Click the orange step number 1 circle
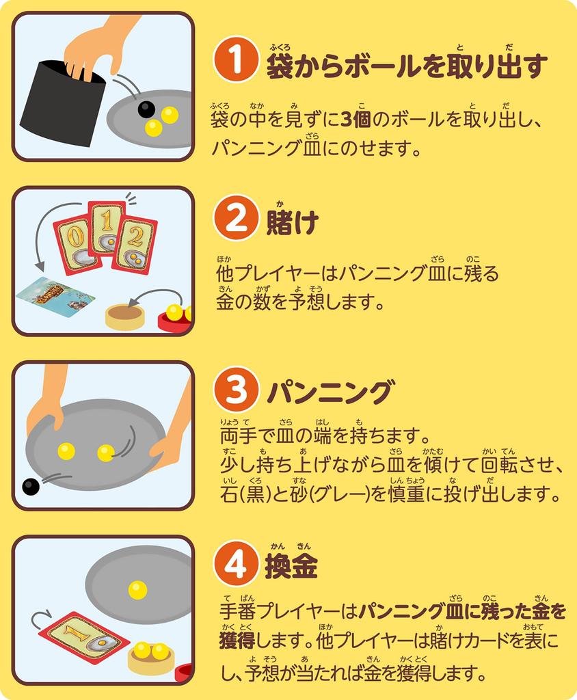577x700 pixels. tap(236, 59)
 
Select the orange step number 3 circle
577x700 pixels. tap(236, 389)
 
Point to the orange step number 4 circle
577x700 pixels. tap(236, 564)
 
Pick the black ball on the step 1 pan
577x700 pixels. tap(146, 109)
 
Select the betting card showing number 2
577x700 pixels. tap(134, 243)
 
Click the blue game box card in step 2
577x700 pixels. tap(56, 297)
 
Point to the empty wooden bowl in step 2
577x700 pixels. tap(125, 316)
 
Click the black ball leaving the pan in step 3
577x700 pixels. tap(31, 486)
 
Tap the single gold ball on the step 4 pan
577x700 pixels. tap(137, 591)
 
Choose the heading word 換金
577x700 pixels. tap(291, 566)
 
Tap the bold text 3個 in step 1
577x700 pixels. tap(355, 120)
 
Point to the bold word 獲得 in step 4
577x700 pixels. tap(237, 641)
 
